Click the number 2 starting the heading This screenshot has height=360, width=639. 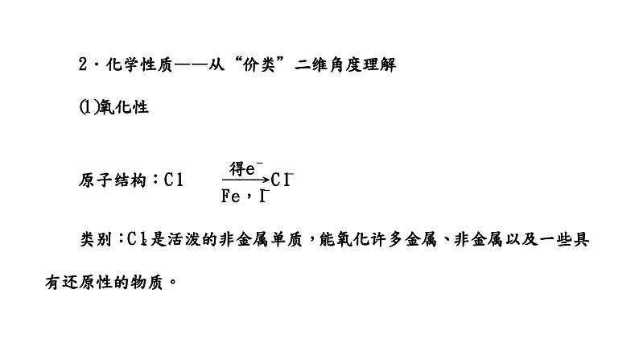[x=83, y=64]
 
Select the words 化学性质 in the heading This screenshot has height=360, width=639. [x=139, y=64]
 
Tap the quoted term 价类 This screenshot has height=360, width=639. [x=259, y=64]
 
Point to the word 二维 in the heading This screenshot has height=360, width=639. [x=311, y=64]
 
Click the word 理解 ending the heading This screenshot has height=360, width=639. [x=379, y=64]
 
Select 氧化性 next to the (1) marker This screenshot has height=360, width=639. [x=124, y=107]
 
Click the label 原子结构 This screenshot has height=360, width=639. [x=113, y=180]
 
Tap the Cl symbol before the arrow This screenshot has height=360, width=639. [x=174, y=180]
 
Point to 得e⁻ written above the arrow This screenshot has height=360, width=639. [x=246, y=168]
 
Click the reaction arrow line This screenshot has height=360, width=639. [x=245, y=180]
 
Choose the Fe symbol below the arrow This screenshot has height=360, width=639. [x=231, y=197]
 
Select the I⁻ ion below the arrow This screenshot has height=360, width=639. [x=265, y=197]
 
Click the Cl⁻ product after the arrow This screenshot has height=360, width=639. [x=282, y=180]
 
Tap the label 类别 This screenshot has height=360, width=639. [x=95, y=239]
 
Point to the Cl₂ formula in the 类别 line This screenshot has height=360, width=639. [x=138, y=239]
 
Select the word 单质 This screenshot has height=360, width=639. [x=286, y=239]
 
